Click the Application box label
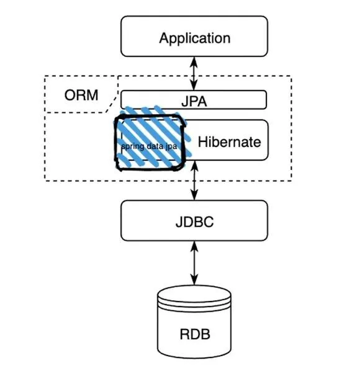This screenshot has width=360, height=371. [194, 38]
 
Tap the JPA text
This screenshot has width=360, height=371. [194, 101]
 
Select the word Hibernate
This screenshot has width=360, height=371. [230, 141]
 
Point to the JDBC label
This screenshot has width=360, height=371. [194, 221]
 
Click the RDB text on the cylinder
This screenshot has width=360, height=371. [195, 334]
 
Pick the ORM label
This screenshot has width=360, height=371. [81, 95]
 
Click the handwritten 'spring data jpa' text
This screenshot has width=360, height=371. [149, 146]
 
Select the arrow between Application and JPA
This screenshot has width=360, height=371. [194, 73]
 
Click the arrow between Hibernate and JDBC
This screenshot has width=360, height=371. [194, 181]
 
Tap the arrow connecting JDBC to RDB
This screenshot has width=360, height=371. [194, 263]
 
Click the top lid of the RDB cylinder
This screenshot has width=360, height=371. [194, 294]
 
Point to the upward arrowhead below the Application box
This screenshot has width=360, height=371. [194, 61]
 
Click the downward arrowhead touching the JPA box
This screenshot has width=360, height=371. [194, 86]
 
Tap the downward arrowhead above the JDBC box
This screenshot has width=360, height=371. [194, 195]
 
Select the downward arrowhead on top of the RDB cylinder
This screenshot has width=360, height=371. [194, 280]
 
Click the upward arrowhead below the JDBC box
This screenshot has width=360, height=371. [194, 246]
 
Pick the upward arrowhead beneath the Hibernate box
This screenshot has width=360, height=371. [194, 166]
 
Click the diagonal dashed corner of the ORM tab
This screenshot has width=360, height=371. [112, 104]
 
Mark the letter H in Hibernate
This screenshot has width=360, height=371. [202, 141]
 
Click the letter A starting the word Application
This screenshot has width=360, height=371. [164, 38]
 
